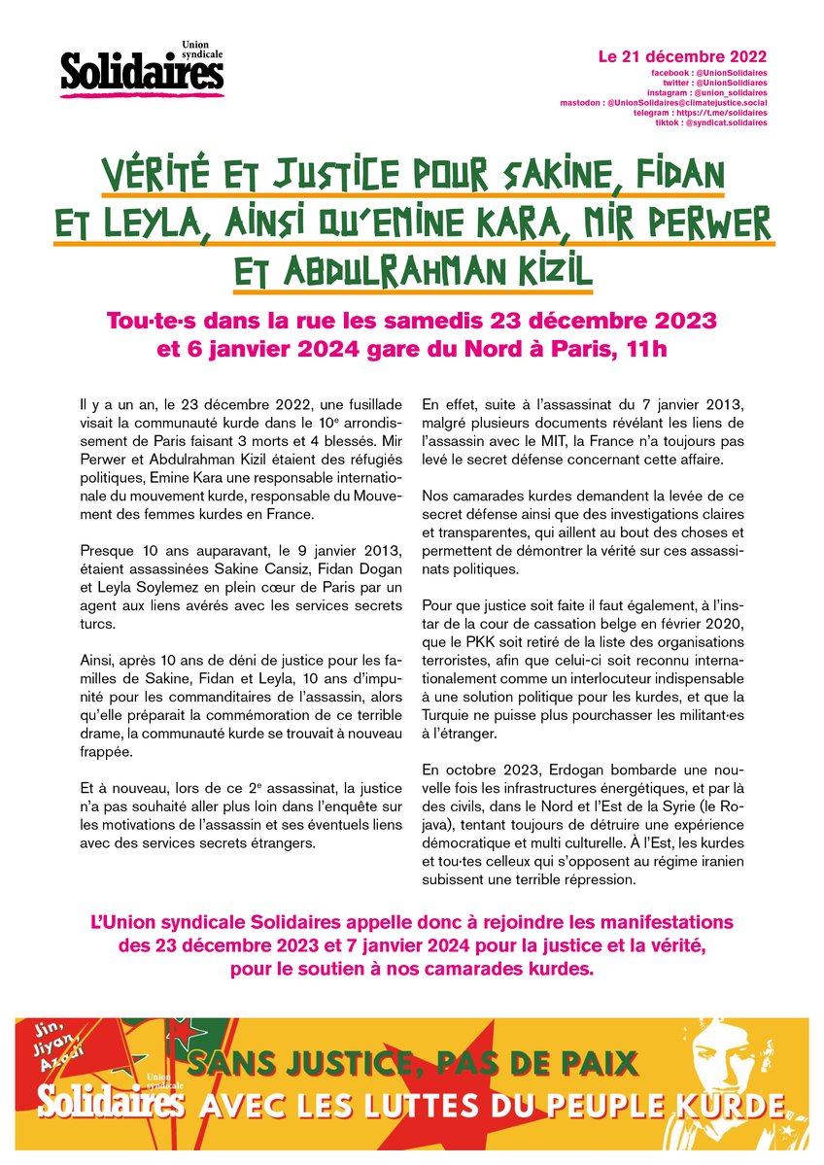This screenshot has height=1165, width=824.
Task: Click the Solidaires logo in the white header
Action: point(142,69)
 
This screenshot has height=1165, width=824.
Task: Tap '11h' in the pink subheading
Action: point(646,349)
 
